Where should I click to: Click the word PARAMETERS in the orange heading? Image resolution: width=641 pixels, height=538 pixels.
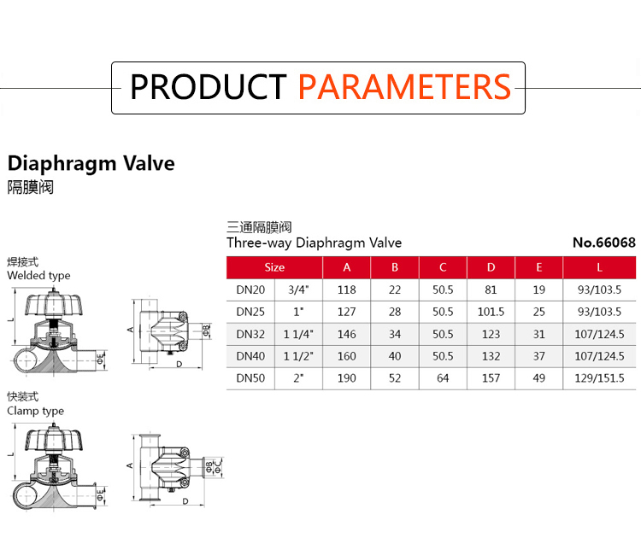404,87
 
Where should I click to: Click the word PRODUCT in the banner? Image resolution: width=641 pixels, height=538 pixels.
208,87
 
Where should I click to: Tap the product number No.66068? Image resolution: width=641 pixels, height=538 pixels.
603,243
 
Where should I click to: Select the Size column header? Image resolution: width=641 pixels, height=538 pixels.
274,267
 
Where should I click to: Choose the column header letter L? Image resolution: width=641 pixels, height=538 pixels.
599,267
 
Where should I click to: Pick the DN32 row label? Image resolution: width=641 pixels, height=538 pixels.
250,334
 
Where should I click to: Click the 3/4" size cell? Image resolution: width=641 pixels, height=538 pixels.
298,289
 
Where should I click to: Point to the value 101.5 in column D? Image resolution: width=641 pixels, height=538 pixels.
491,312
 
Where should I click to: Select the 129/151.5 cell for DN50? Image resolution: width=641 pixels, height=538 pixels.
599,378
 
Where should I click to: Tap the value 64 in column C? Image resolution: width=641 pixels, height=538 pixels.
443,378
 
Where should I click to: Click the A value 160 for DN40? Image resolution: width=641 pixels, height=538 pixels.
347,356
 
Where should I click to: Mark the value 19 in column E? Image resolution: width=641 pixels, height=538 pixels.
538,289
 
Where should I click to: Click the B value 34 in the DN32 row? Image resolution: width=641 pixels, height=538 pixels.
395,334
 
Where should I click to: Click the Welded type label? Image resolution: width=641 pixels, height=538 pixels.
38,276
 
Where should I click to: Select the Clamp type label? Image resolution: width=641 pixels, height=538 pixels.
36,411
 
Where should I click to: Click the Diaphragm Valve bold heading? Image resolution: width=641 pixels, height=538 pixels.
91,164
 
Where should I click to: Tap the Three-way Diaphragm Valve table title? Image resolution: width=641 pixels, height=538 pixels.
314,243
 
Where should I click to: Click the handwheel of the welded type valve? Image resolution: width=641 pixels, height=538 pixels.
54,304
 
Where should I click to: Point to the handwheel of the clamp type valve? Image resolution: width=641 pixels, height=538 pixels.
54,440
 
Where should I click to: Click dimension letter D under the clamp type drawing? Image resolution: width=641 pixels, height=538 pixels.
185,501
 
